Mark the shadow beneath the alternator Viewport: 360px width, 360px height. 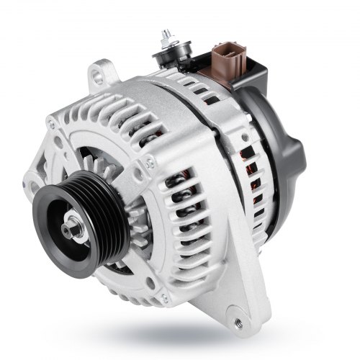180,338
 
